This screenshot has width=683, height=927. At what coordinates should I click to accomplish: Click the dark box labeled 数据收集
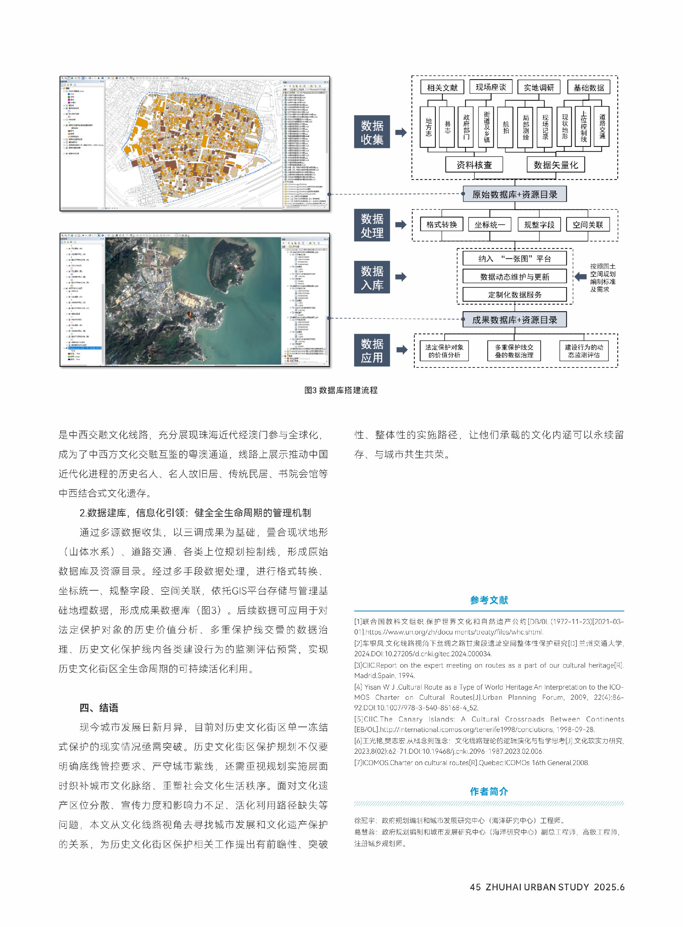pyautogui.click(x=372, y=132)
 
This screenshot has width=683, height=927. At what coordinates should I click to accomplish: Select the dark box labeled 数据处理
pyautogui.click(x=372, y=225)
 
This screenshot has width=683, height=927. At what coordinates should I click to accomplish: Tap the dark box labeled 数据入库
pyautogui.click(x=372, y=277)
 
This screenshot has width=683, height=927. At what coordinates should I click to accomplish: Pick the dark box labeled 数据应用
pyautogui.click(x=372, y=350)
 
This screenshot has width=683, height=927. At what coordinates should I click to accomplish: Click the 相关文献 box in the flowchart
pyautogui.click(x=442, y=87)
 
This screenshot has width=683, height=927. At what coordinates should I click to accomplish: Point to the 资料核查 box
pyautogui.click(x=474, y=165)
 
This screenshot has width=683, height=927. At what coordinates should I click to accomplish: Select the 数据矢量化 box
pyautogui.click(x=555, y=165)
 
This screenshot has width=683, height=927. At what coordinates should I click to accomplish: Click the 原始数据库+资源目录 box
pyautogui.click(x=514, y=194)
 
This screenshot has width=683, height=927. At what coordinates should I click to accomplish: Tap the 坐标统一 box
pyautogui.click(x=489, y=225)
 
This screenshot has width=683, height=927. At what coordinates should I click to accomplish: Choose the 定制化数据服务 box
pyautogui.click(x=514, y=295)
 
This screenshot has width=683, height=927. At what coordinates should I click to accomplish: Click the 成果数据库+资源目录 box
pyautogui.click(x=514, y=320)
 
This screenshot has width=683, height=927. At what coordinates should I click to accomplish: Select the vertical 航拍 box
pyautogui.click(x=505, y=127)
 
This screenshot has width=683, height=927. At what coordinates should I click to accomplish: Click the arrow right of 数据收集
pyautogui.click(x=401, y=132)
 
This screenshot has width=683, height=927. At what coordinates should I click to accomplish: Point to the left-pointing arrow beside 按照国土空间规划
pyautogui.click(x=581, y=277)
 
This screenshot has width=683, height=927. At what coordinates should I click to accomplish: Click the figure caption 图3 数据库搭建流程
pyautogui.click(x=341, y=390)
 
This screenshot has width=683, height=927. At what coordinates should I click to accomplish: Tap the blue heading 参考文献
pyautogui.click(x=489, y=600)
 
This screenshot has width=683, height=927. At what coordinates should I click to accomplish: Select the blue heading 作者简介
pyautogui.click(x=489, y=791)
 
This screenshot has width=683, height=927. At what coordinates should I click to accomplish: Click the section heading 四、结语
pyautogui.click(x=99, y=708)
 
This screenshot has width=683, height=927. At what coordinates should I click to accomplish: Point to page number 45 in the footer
pyautogui.click(x=475, y=887)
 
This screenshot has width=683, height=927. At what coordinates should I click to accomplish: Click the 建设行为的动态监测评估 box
pyautogui.click(x=584, y=351)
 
